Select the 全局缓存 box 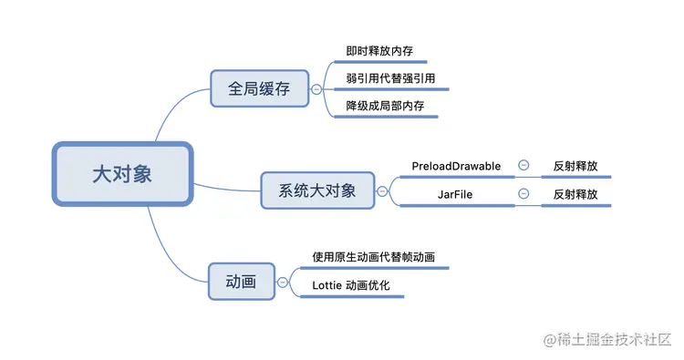[x=258, y=89]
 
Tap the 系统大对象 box [x=316, y=191]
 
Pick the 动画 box [x=240, y=282]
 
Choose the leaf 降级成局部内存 [x=385, y=107]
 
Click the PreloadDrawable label [x=456, y=166]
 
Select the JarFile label [x=456, y=194]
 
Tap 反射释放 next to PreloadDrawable [x=575, y=166]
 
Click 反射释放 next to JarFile [x=575, y=194]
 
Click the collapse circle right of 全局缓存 [x=316, y=89]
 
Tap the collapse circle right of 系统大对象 [x=381, y=191]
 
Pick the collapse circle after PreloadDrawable [x=523, y=166]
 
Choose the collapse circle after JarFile [x=523, y=194]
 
